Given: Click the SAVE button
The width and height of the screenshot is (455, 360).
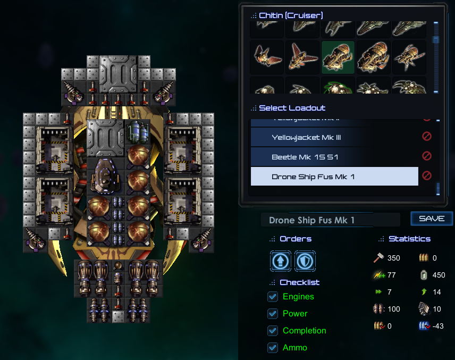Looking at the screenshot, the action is pos(432,219).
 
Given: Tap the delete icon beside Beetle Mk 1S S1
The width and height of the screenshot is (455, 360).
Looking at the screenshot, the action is pos(426,156).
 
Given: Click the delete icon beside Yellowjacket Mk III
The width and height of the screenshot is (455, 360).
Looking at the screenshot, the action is pos(426,137).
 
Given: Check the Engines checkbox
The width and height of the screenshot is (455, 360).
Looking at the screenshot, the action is pos(273,297).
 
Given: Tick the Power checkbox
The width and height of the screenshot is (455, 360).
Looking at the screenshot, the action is pos(273,314).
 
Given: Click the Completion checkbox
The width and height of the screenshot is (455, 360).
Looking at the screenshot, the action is pos(273,331).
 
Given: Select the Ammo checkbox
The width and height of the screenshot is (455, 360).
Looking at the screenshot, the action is pos(273,348).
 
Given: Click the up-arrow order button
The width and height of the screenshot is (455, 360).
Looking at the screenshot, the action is pos(281,261).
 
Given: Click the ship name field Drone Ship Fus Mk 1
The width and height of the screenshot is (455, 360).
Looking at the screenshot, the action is pos(330,220).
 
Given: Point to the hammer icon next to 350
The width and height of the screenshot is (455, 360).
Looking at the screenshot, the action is pos(377,258).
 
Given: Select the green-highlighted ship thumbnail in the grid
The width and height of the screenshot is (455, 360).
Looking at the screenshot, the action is pos(338,57).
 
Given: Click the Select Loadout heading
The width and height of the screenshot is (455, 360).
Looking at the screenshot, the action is pos(292,108).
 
